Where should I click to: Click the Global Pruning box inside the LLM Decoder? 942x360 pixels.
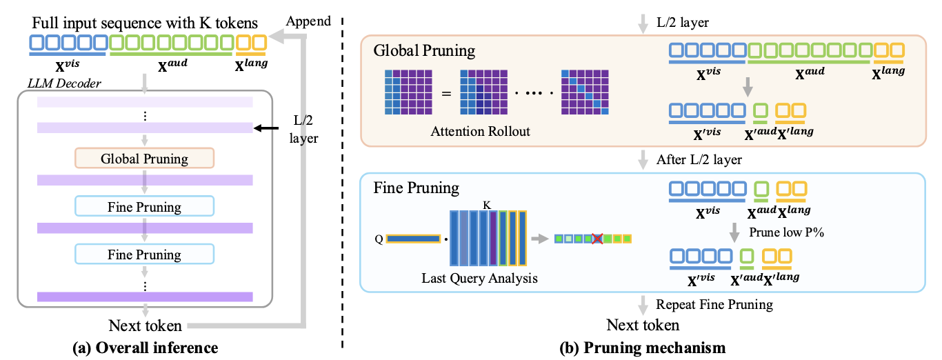point(145,159)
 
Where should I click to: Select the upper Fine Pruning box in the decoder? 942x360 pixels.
point(145,207)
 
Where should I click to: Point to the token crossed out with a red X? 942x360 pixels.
point(597,239)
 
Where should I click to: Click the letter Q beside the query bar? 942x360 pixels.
point(379,239)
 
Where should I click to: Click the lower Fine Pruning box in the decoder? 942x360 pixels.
point(145,254)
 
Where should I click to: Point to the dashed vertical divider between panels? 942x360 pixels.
point(343,179)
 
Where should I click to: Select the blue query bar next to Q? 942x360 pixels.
point(413,239)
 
